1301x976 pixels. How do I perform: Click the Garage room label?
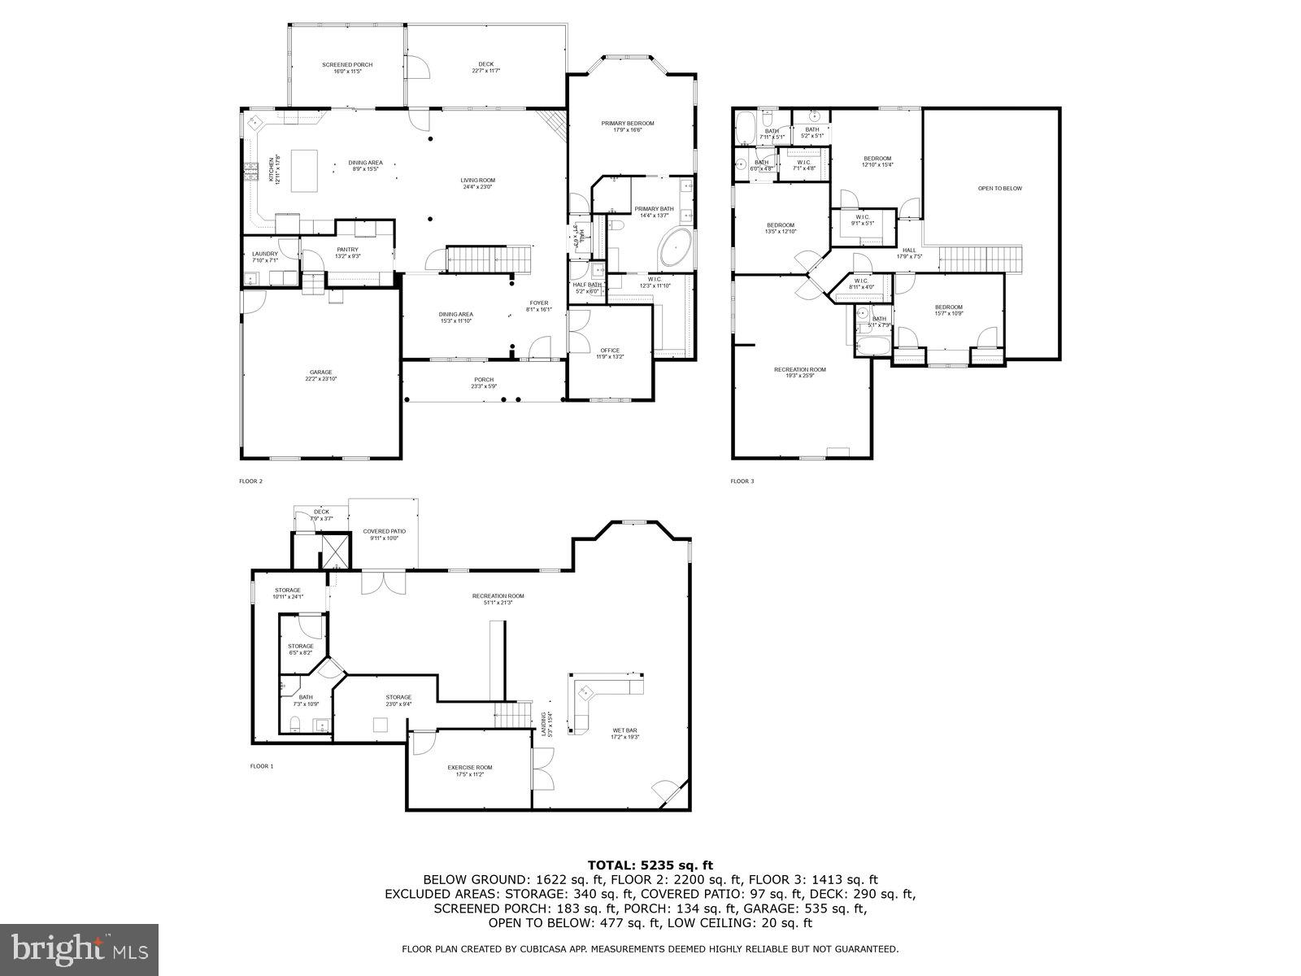pos(320,375)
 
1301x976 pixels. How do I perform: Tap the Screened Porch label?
pos(347,68)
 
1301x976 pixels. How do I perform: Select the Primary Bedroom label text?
pos(628,126)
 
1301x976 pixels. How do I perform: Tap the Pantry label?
pos(347,252)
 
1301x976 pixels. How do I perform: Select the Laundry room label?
pos(265,256)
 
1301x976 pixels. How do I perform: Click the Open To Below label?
pos(999,189)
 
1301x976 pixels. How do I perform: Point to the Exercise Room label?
pos(469,770)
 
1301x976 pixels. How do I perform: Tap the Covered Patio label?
pos(384,534)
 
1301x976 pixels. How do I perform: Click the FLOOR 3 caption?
pos(742,481)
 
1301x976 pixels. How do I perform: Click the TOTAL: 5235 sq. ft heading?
pos(650,865)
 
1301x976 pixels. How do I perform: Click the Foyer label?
pos(538,306)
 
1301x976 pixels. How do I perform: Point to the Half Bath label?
pos(587,287)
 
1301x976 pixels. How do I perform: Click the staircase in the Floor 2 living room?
pos(489,260)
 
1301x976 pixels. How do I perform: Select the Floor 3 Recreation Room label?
pos(799,373)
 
